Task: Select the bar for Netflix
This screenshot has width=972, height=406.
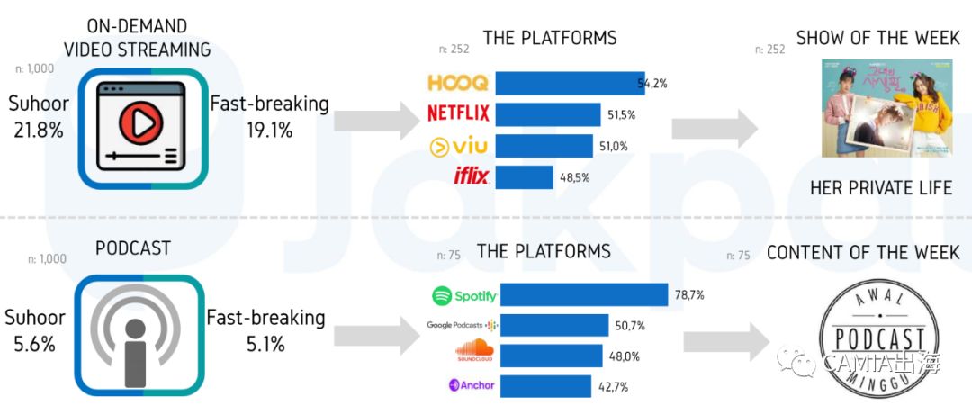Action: tap(548, 114)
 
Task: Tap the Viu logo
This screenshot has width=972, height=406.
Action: tap(459, 145)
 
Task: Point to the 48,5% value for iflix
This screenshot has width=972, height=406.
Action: tap(574, 177)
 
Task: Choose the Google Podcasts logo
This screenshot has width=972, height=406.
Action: tap(463, 325)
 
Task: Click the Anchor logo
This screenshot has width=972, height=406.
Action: tap(472, 386)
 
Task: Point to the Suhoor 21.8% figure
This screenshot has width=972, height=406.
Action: tap(39, 117)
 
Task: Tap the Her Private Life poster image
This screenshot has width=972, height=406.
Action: tap(886, 108)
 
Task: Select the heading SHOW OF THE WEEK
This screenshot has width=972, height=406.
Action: tap(877, 39)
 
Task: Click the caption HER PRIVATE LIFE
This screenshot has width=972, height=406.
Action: tap(880, 188)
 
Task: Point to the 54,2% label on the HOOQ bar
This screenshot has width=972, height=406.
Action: tap(651, 84)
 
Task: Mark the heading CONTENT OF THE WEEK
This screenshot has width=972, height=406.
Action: tap(863, 253)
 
